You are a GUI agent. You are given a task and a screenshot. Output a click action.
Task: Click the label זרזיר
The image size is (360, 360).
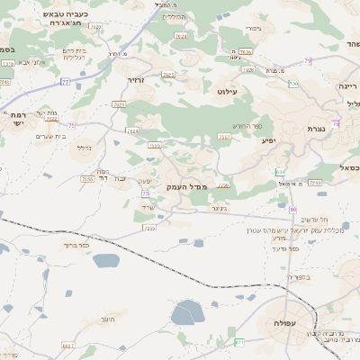click(135, 80)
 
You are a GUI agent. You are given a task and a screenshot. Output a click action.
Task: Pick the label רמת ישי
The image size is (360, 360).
click(19, 119)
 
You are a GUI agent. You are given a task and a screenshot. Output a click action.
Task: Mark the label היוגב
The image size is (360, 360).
click(108, 319)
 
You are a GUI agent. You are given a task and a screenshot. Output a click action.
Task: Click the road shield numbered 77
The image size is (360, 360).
click(65, 81)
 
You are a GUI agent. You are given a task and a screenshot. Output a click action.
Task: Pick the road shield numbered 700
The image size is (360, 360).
click(293, 85)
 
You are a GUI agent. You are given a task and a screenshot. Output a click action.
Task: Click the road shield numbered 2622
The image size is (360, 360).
click(51, 118)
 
